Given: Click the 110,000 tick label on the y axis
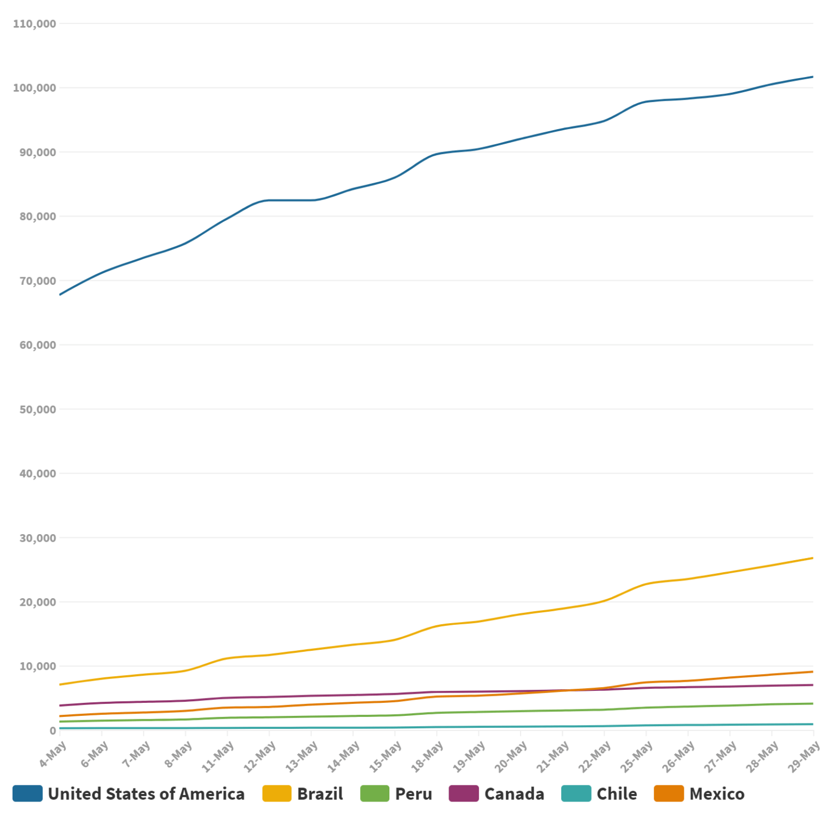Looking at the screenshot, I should (x=34, y=24).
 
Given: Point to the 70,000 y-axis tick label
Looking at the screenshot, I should (x=37, y=281).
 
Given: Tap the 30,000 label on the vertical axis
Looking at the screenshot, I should (x=37, y=538).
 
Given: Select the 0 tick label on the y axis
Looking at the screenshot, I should (x=53, y=731).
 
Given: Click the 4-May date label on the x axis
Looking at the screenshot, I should (x=53, y=754).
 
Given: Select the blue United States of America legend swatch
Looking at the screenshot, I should (x=27, y=793).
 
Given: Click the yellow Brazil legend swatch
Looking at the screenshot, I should (x=277, y=793).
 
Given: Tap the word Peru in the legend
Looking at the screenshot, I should (x=413, y=794).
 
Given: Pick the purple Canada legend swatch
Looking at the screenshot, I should (x=464, y=793).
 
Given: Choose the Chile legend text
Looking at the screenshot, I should (x=617, y=794).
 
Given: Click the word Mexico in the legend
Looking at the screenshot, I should (x=717, y=794).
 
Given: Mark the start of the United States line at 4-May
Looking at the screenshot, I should (x=60, y=294).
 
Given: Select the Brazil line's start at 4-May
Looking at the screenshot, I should (x=60, y=684).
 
